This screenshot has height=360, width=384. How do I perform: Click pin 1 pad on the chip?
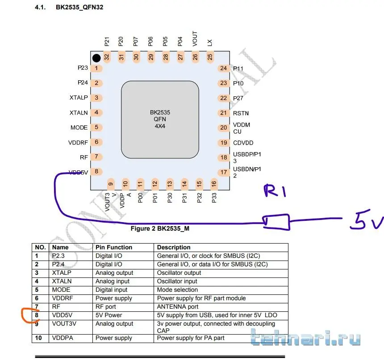[x=96, y=69]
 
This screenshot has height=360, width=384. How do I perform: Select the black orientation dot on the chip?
[x=96, y=58]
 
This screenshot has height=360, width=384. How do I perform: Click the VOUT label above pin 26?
[x=195, y=39]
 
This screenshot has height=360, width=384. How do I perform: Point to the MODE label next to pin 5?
[x=79, y=128]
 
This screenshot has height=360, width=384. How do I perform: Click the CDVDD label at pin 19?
[x=243, y=143]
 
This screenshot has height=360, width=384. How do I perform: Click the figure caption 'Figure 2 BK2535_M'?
[x=160, y=229]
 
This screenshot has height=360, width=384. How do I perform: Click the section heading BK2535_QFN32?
[x=79, y=8]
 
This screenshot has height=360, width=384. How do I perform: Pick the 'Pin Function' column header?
[x=114, y=247]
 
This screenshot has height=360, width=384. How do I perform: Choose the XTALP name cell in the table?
[x=62, y=273]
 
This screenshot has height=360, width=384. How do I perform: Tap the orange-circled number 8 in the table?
[x=37, y=315]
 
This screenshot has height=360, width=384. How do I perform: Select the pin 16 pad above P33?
[x=214, y=183]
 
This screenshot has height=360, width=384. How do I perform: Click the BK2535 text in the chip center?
[x=160, y=113]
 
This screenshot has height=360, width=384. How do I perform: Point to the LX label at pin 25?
[x=209, y=42]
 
